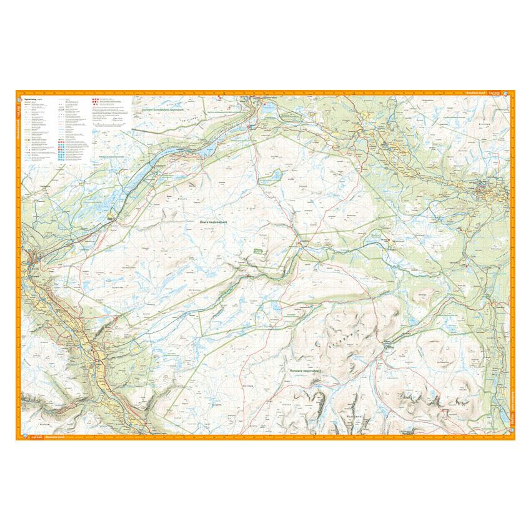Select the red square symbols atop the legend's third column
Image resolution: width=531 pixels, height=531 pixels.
(94, 99)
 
